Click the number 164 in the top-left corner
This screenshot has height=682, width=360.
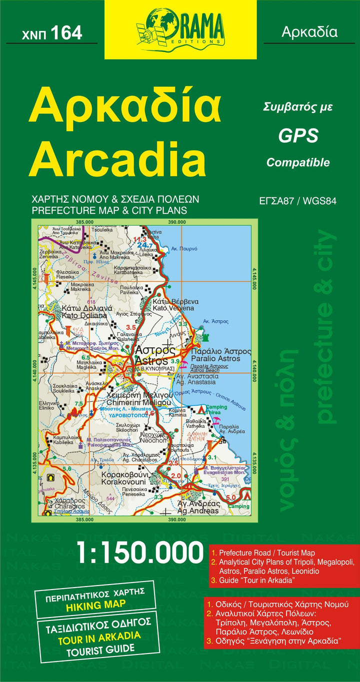[x=66, y=32]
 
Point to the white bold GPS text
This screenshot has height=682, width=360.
[x=298, y=135]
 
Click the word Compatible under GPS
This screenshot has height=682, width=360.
[x=298, y=162]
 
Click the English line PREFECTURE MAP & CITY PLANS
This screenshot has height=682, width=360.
[x=109, y=210]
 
